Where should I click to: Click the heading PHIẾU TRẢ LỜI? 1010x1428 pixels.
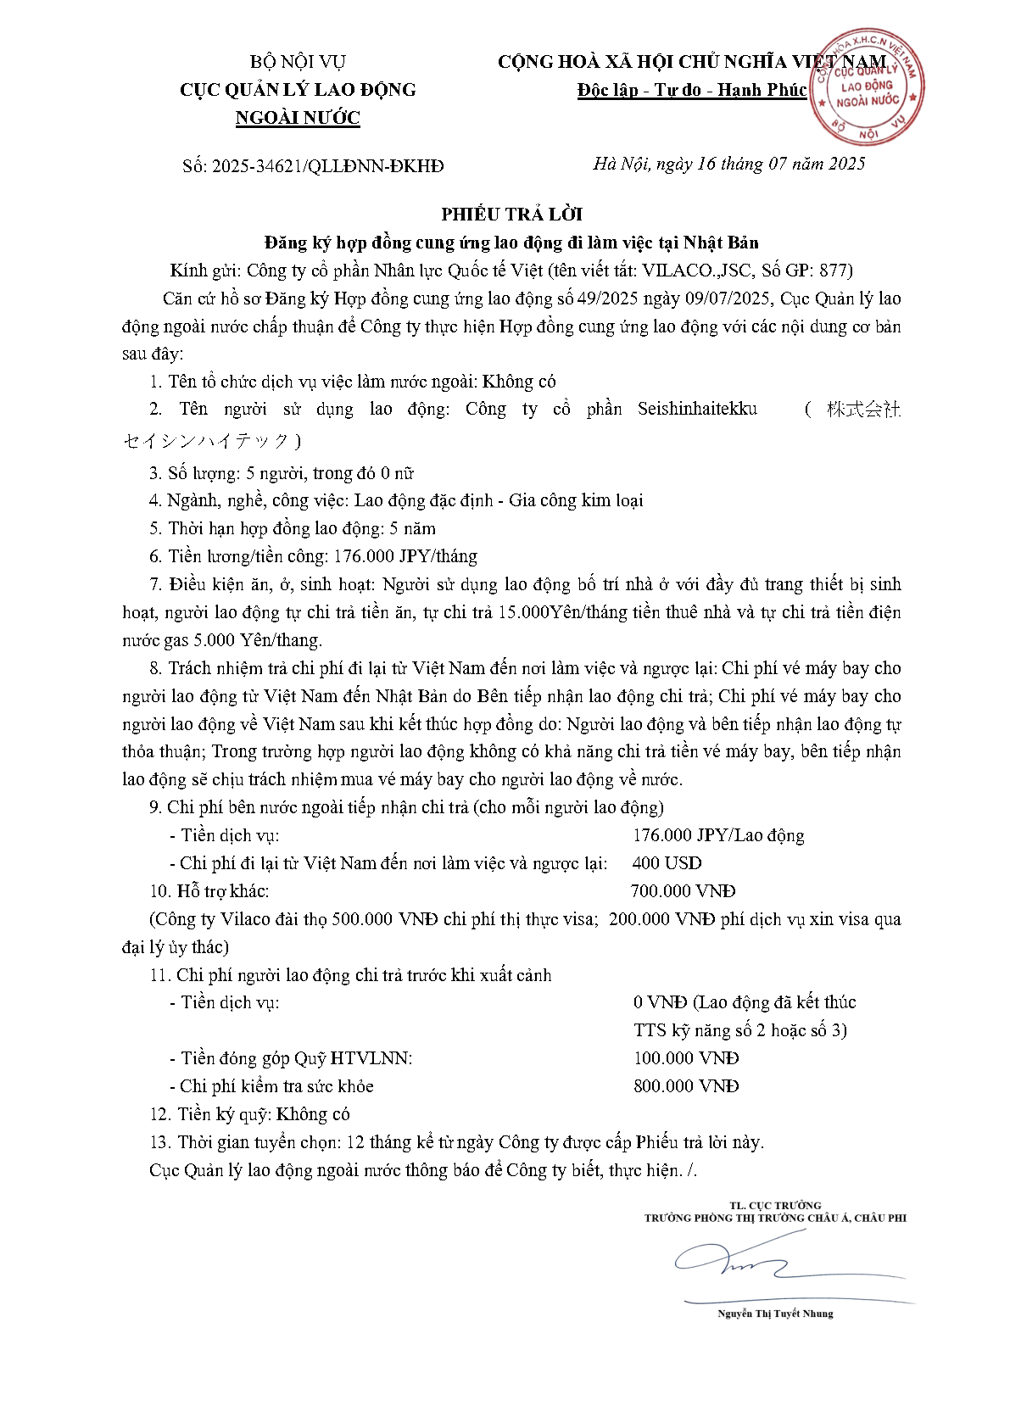(x=511, y=214)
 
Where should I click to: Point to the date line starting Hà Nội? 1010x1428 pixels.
(x=728, y=164)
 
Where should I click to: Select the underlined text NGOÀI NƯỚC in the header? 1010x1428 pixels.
(x=298, y=118)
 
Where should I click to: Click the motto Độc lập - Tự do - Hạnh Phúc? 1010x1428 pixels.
(x=691, y=90)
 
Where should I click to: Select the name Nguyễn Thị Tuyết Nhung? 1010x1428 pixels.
(x=775, y=1314)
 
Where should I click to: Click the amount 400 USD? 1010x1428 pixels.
(x=667, y=863)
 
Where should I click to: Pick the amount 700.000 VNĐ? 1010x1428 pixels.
(x=683, y=891)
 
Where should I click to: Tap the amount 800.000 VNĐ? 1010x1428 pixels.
(x=686, y=1086)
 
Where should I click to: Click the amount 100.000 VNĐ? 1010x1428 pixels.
(x=686, y=1058)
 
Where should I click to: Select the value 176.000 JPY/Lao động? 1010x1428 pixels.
(x=718, y=835)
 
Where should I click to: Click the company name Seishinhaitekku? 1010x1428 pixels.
(x=697, y=410)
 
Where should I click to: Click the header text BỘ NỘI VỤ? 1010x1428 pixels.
(x=298, y=62)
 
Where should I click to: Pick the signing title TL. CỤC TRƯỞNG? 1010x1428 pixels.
(x=775, y=1205)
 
